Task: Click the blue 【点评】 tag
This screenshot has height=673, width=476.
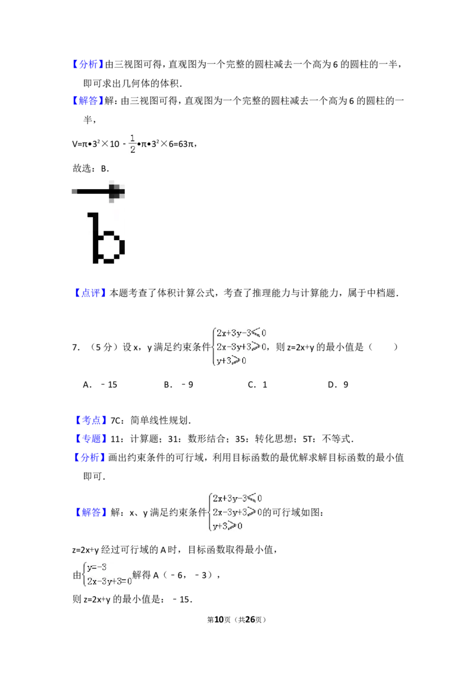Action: pyautogui.click(x=89, y=293)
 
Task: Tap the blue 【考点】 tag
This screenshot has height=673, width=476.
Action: pyautogui.click(x=89, y=420)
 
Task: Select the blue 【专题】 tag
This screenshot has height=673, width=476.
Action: pyautogui.click(x=89, y=439)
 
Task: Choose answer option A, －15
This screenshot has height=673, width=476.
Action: pyautogui.click(x=100, y=385)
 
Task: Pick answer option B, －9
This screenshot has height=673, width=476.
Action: pyautogui.click(x=178, y=385)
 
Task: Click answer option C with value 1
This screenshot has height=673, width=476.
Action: pyautogui.click(x=258, y=385)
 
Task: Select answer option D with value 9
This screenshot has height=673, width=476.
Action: pyautogui.click(x=338, y=385)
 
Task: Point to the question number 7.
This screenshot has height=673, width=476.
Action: pyautogui.click(x=76, y=347)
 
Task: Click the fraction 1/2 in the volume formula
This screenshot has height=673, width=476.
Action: pyautogui.click(x=132, y=144)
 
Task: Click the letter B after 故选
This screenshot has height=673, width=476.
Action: pyautogui.click(x=104, y=169)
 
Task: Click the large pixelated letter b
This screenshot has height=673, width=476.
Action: pyautogui.click(x=106, y=238)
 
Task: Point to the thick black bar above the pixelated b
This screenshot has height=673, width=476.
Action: pyautogui.click(x=98, y=191)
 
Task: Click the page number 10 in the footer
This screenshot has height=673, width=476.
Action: pyautogui.click(x=219, y=619)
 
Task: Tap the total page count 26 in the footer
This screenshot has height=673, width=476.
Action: pyautogui.click(x=249, y=619)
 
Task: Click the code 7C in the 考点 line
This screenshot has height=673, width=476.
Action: pyautogui.click(x=115, y=421)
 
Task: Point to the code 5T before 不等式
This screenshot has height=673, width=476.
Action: pyautogui.click(x=308, y=439)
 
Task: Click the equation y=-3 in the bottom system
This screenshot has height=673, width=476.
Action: pyautogui.click(x=96, y=567)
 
